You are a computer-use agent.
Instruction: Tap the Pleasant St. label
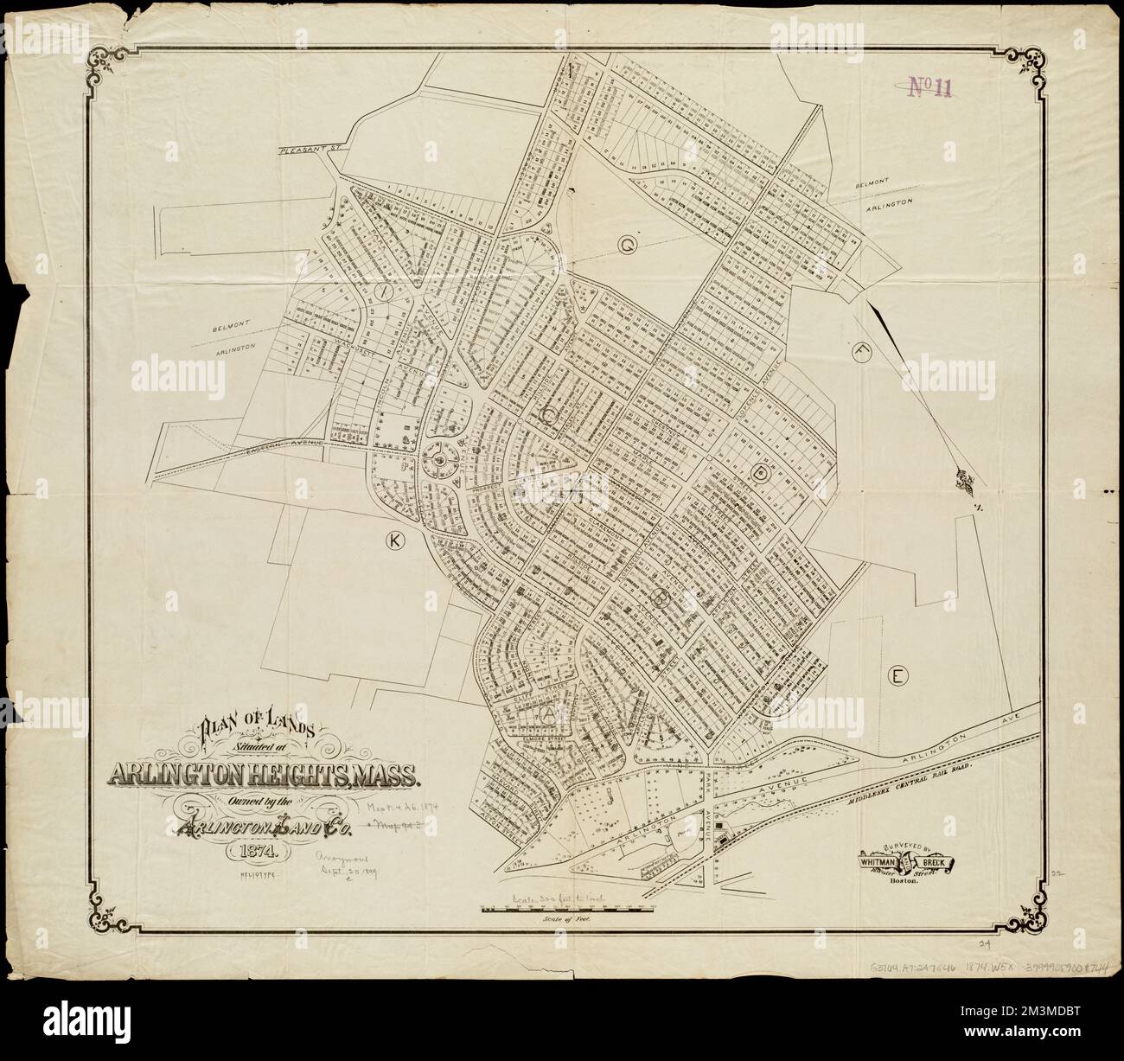(310, 150)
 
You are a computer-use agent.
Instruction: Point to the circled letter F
(860, 352)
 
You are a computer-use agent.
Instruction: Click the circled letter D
(762, 472)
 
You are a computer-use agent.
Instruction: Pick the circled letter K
(394, 540)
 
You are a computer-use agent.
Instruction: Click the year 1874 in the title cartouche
(251, 850)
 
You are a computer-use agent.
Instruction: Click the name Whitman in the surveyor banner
(881, 861)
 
